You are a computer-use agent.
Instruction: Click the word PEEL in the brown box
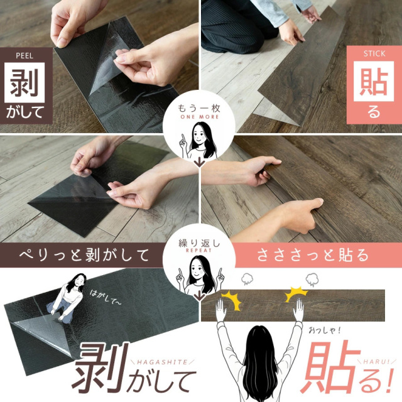pyautogui.click(x=24, y=56)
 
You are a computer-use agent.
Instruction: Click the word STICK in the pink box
pyautogui.click(x=374, y=53)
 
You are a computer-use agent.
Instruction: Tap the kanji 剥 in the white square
pyautogui.click(x=24, y=82)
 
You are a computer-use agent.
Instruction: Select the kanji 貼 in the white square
pyautogui.click(x=374, y=82)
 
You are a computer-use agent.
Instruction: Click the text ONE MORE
pyautogui.click(x=200, y=117)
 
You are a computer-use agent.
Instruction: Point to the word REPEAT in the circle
pyautogui.click(x=199, y=251)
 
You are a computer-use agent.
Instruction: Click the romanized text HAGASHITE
pyautogui.click(x=162, y=362)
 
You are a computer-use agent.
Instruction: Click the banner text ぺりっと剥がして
pyautogui.click(x=84, y=255)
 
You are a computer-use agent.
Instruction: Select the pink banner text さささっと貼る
pyautogui.click(x=313, y=255)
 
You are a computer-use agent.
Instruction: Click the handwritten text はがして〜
pyautogui.click(x=106, y=297)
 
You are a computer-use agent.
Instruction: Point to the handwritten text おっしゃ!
pyautogui.click(x=325, y=330)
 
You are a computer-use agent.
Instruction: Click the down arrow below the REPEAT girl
pyautogui.click(x=199, y=296)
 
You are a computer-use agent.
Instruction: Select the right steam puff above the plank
pyautogui.click(x=312, y=279)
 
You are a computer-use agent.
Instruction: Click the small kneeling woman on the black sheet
pyautogui.click(x=68, y=297)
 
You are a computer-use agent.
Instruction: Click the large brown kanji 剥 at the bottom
pyautogui.click(x=100, y=367)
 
